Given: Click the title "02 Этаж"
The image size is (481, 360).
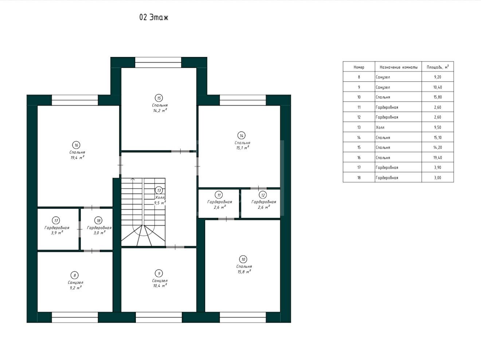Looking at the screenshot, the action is point(154,17).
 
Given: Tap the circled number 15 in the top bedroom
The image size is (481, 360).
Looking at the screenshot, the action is point(159,98).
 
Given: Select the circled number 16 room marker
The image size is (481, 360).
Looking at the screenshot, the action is point(76,145).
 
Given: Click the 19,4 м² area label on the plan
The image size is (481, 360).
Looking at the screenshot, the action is point(77,158).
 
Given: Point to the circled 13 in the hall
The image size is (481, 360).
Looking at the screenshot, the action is point(159,190).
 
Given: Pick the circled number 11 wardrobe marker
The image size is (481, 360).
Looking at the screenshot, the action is point(219,195).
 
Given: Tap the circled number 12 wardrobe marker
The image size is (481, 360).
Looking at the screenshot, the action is point(263,195).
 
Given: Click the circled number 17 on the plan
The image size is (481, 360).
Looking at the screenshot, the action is point(56,221).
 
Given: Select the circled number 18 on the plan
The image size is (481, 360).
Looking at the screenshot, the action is point(99,221).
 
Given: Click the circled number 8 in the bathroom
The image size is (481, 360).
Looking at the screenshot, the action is point(75,275).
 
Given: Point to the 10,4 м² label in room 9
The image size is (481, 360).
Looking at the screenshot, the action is point(160,286).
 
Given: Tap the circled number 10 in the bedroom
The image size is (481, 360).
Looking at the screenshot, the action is point(243,259).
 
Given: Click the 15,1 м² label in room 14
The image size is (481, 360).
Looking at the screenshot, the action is point(243,148).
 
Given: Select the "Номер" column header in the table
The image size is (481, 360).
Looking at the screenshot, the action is point(359,67).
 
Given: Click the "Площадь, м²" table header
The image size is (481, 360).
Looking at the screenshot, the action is point(438,67).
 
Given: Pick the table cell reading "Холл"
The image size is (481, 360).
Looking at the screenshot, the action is point(380,127).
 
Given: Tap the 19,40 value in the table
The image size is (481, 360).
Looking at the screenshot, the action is point(438,158).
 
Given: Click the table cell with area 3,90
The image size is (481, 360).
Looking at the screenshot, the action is point(438,167).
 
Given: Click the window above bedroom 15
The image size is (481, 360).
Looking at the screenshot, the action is point(158,62).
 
